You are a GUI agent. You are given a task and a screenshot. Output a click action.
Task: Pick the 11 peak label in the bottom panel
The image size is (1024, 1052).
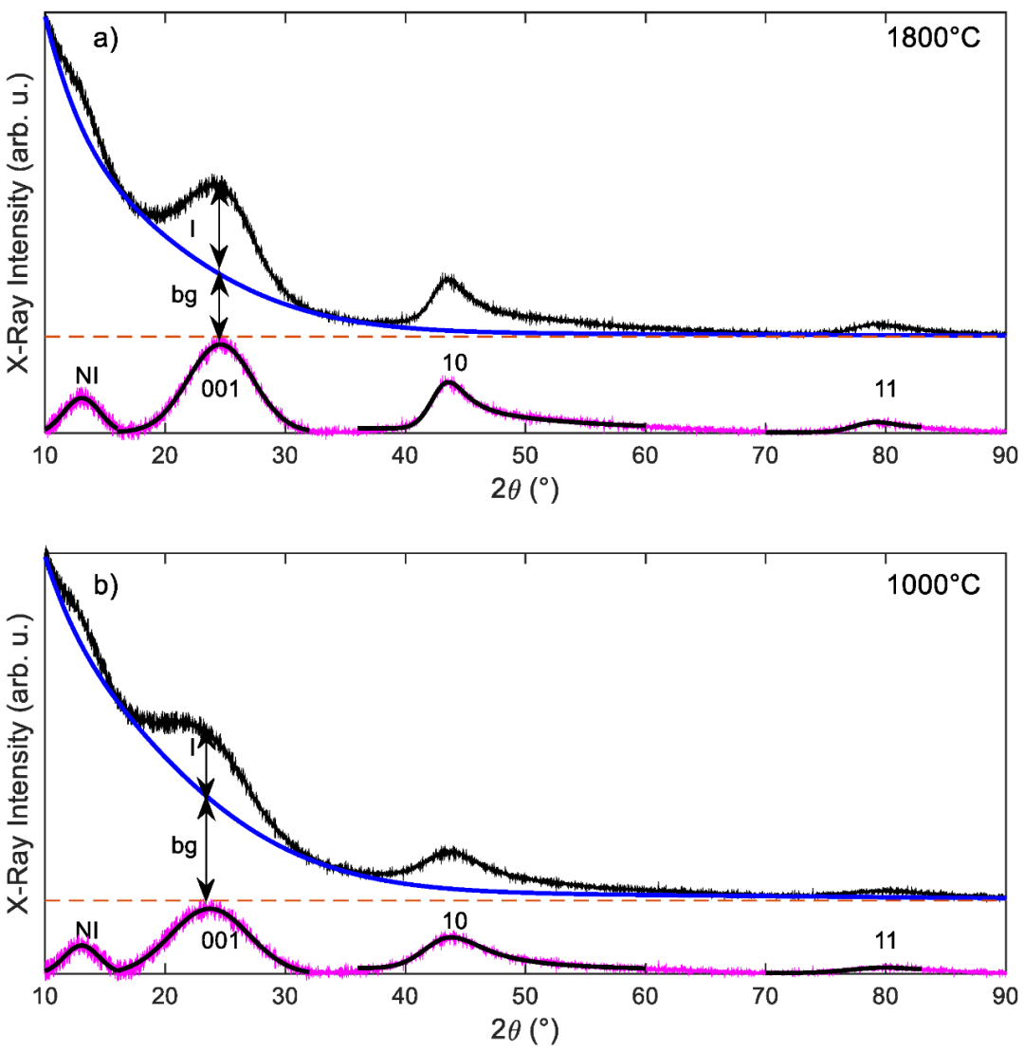click(885, 940)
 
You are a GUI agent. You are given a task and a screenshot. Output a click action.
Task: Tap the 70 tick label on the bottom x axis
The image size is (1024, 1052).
click(764, 996)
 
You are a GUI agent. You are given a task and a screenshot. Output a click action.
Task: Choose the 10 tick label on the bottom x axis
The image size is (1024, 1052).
click(45, 996)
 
